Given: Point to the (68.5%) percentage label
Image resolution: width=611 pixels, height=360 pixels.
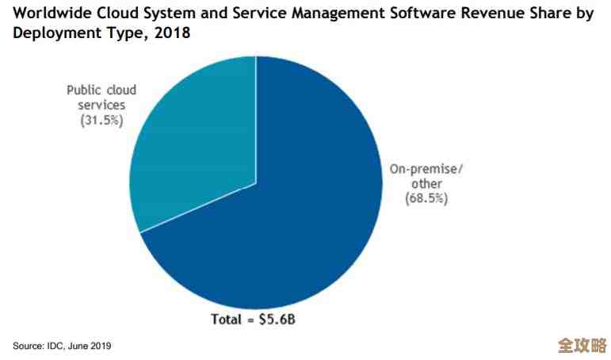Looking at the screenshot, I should click(x=426, y=198).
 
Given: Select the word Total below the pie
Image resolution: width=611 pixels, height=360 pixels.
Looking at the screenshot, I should click(x=226, y=321).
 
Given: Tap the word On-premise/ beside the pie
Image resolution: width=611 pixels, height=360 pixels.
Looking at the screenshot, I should click(x=426, y=168).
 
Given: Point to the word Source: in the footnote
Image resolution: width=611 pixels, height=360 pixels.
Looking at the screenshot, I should click(x=28, y=346).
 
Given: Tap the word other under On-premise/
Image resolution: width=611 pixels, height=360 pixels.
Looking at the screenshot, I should click(x=426, y=183).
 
